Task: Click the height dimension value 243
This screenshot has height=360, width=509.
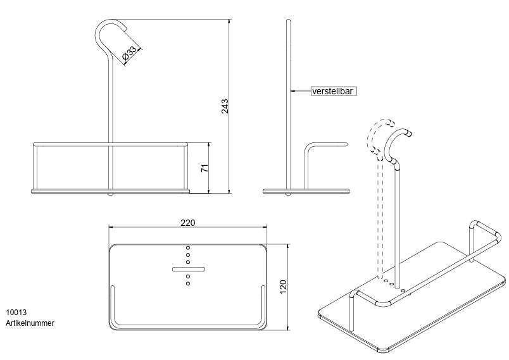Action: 225,106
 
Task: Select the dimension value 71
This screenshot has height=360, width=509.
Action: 203,168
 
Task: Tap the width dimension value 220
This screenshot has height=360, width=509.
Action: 188,222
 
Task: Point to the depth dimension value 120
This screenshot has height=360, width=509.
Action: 284,286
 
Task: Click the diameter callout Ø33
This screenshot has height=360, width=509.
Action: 130,54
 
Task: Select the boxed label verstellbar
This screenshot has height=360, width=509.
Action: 333,91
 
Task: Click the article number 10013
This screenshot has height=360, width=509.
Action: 16,313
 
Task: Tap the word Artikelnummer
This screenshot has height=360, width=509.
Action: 30,323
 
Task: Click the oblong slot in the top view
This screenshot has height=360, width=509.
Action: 188,270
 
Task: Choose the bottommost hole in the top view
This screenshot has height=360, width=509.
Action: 188,283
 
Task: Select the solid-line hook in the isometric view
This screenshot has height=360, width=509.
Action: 397,142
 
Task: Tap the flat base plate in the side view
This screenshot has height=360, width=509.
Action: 306,189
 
